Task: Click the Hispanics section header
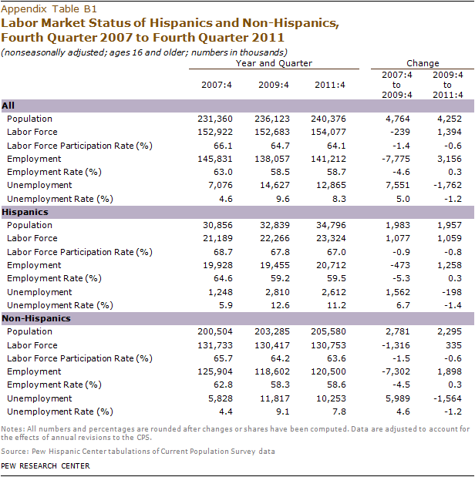coord(25,211)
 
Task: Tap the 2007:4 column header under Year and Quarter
coord(211,83)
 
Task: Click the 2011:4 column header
coord(330,83)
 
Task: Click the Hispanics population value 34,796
coord(330,225)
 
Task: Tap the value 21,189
coord(214,238)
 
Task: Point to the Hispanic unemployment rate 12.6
coord(275,304)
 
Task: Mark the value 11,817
coord(271,398)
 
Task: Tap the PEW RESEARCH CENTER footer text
coord(45,465)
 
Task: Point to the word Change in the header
coord(422,63)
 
